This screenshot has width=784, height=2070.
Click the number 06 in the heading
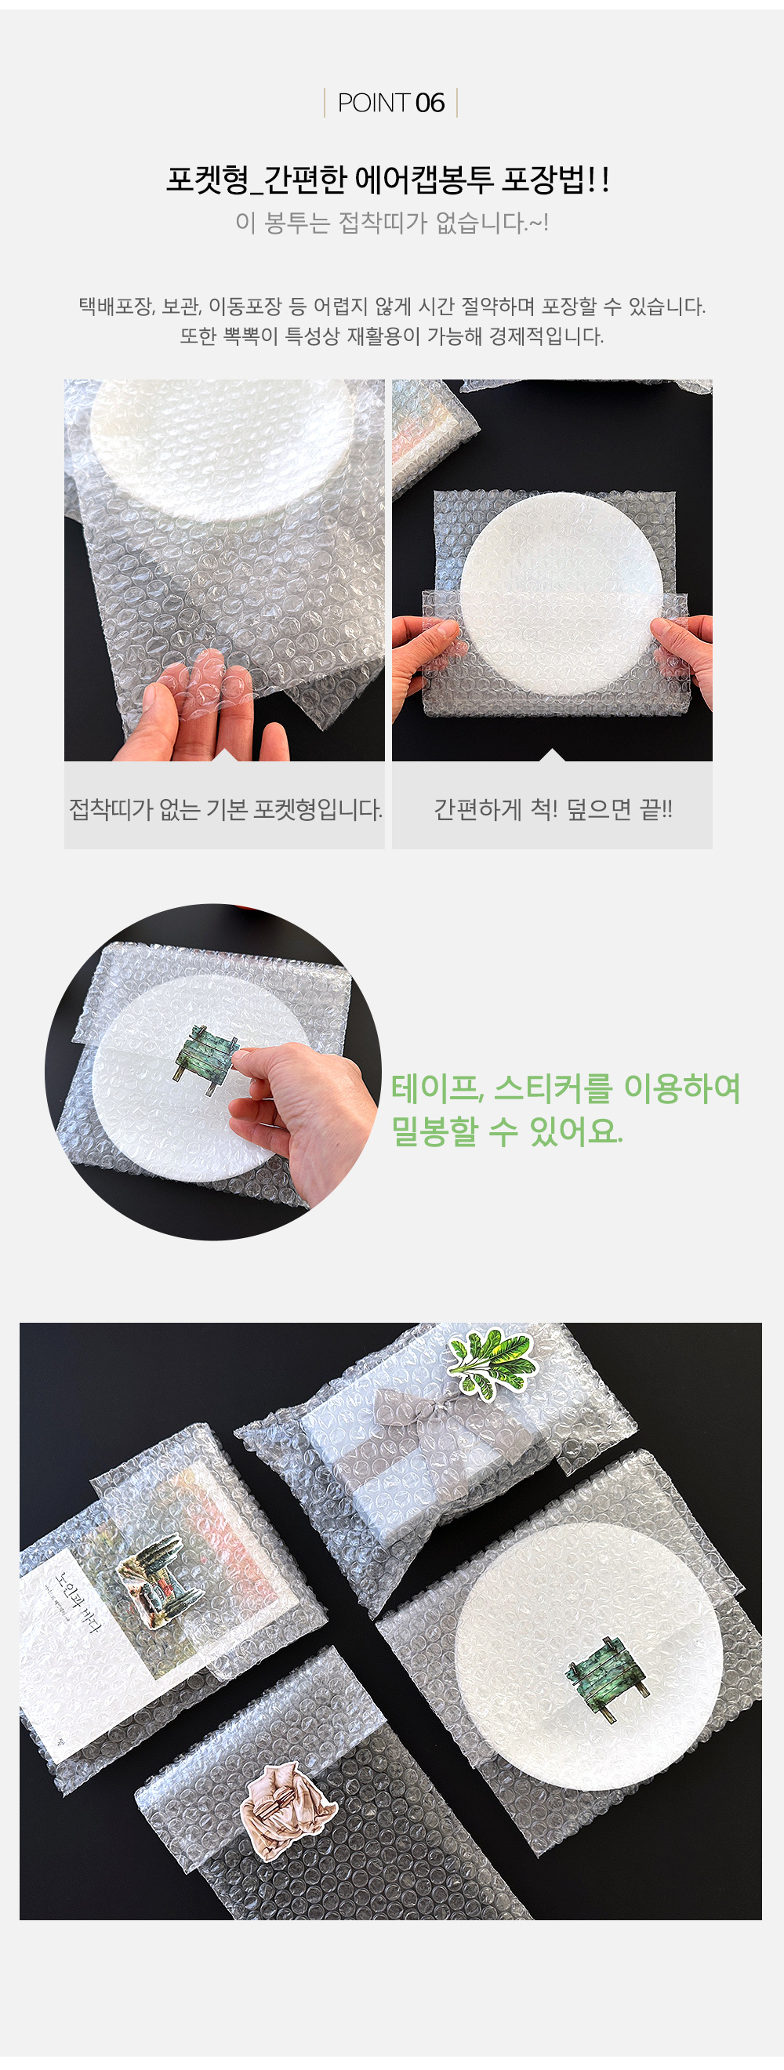(430, 103)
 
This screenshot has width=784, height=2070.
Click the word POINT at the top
(373, 103)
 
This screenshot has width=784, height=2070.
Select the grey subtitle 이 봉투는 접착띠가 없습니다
(391, 223)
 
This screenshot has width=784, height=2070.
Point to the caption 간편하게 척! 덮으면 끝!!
(553, 809)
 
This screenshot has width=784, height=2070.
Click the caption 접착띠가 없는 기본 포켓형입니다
(225, 809)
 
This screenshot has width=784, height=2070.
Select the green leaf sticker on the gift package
(491, 1361)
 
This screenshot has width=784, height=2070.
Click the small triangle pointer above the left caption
(225, 754)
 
